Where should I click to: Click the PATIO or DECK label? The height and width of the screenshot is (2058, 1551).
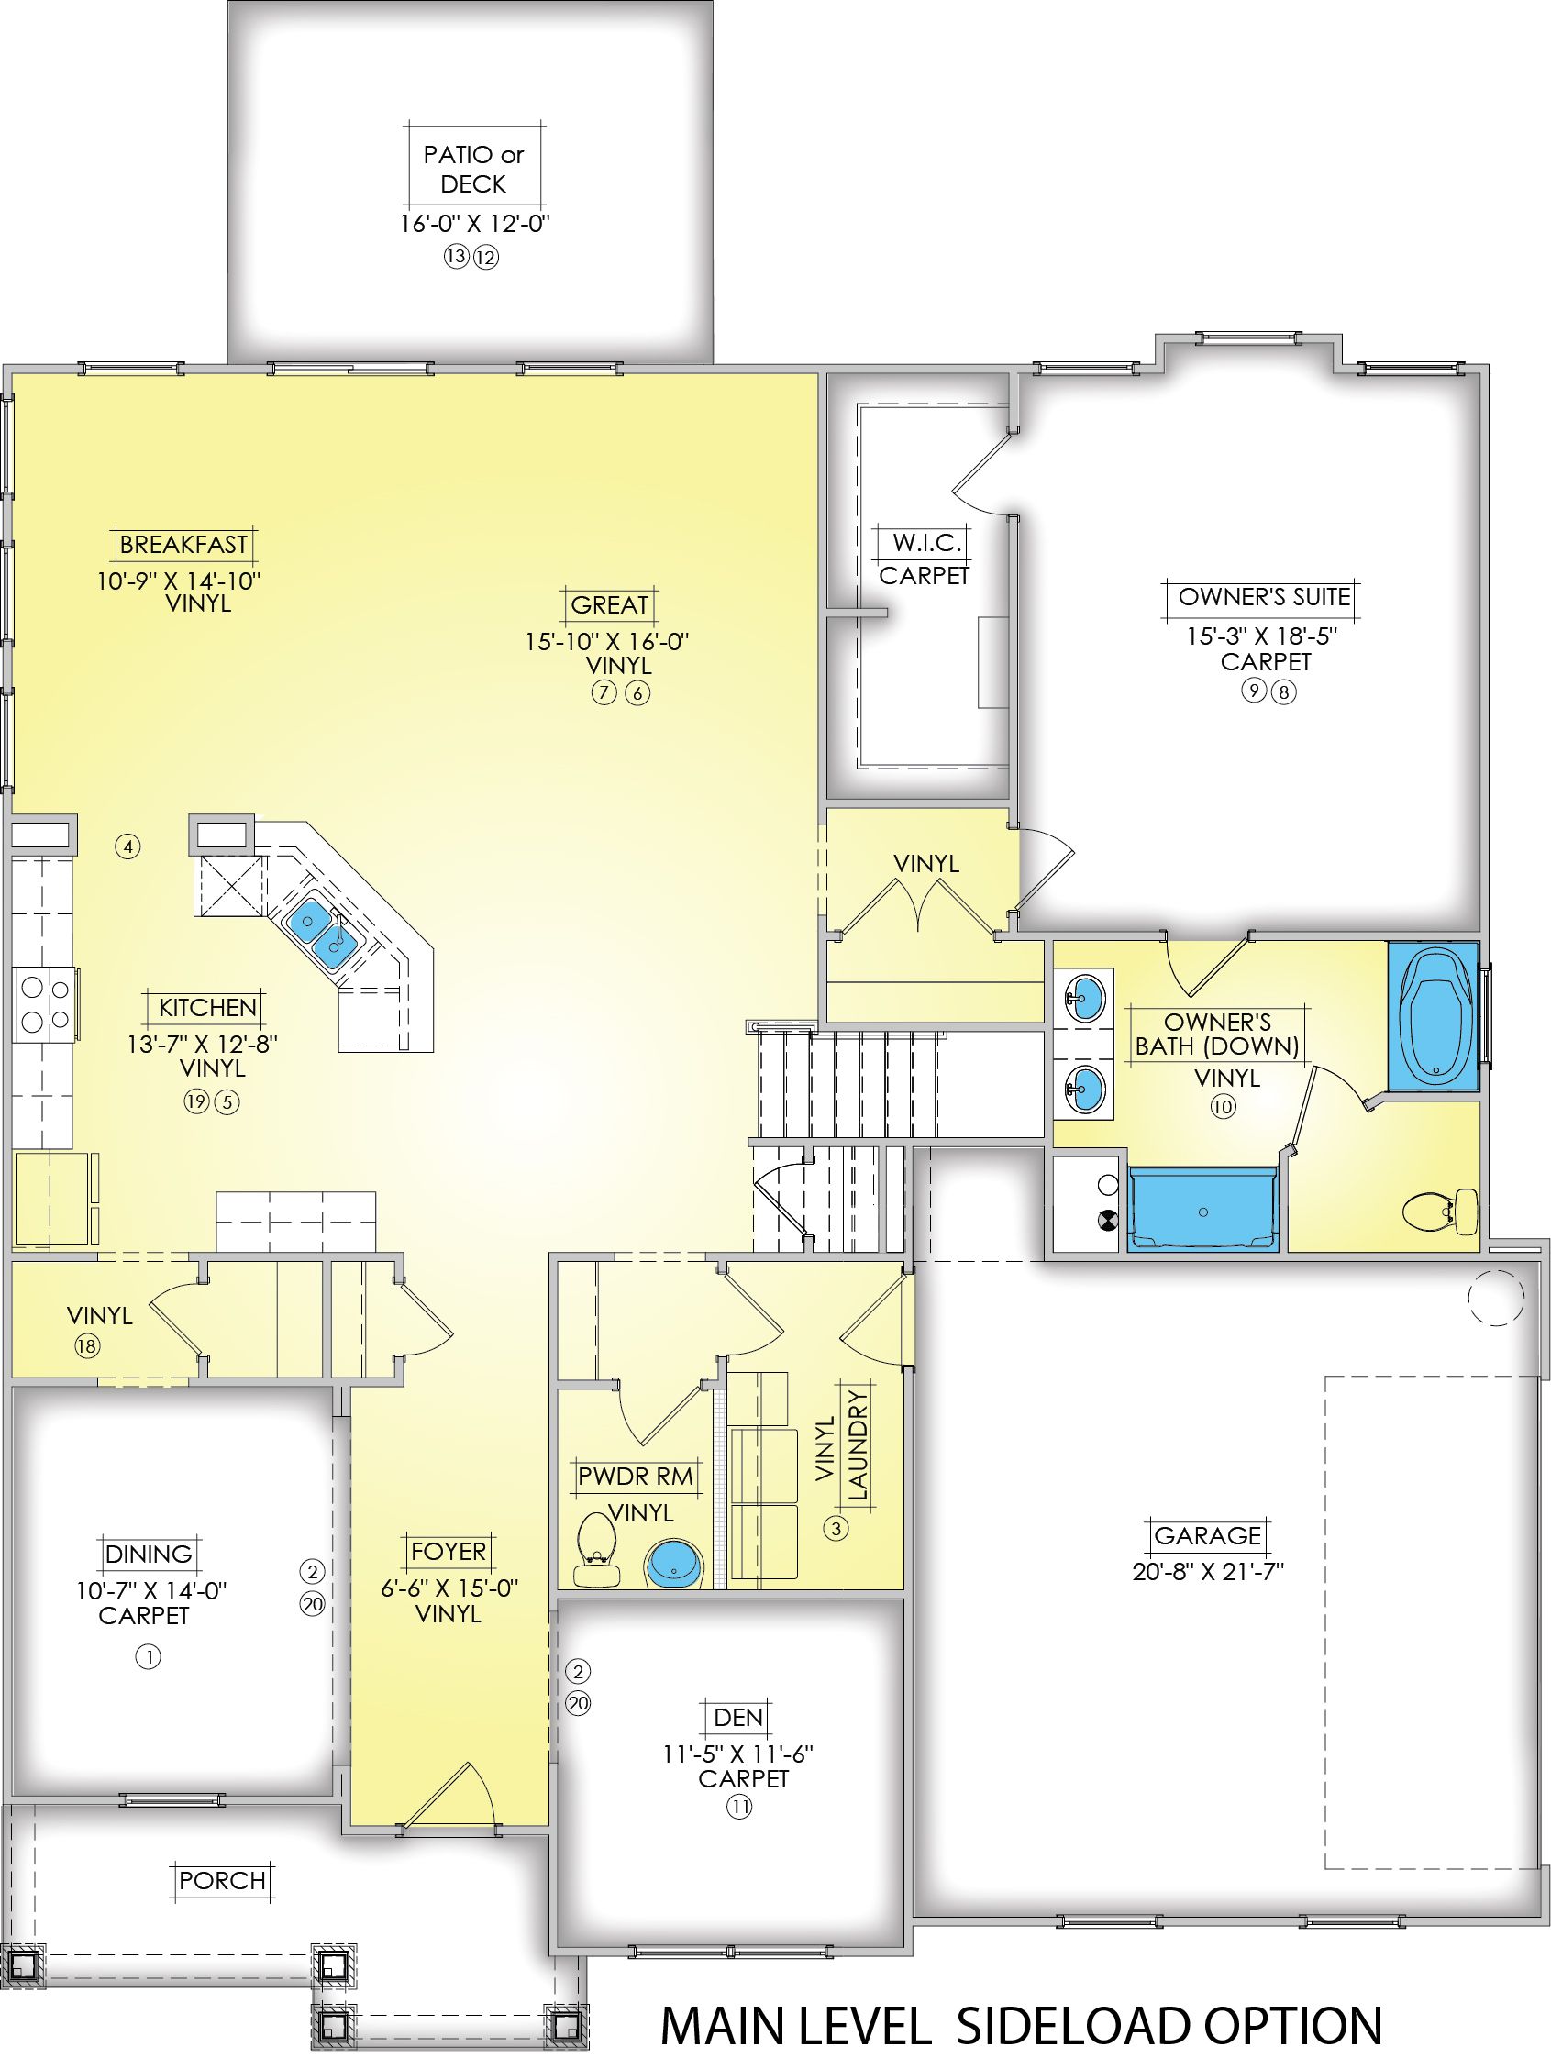[x=473, y=170]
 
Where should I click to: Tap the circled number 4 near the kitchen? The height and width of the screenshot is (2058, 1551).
[x=128, y=846]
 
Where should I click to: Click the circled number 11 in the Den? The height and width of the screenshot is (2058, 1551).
[x=739, y=1807]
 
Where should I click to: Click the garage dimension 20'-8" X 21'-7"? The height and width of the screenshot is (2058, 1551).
[x=1208, y=1571]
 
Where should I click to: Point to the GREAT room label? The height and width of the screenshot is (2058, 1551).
[x=609, y=604]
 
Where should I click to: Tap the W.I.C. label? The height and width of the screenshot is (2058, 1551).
[x=920, y=542]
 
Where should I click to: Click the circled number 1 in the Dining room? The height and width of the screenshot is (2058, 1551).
[x=148, y=1656]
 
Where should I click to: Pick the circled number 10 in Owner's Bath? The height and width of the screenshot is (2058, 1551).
[x=1223, y=1107]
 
